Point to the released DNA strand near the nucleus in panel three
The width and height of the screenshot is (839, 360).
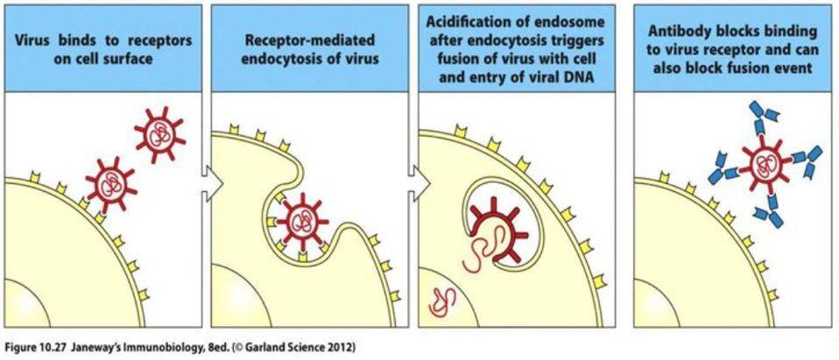440,300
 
